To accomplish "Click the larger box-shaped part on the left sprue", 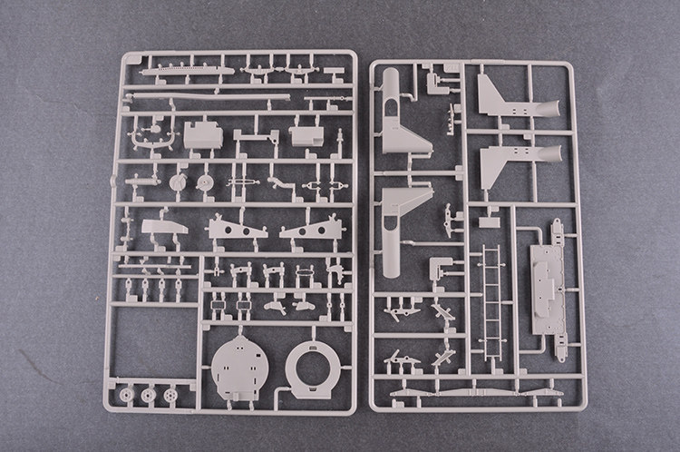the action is click(202, 134).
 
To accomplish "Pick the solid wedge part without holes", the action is click(164, 227).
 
